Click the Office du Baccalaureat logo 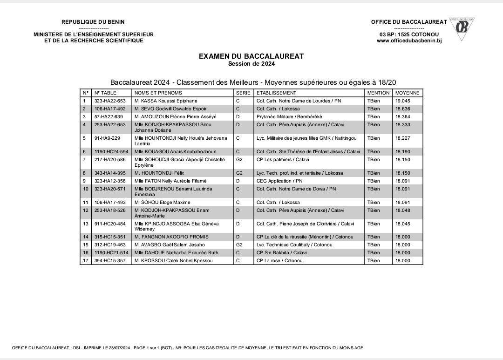point(462,28)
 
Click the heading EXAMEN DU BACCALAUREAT point(251,56)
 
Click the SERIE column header point(243,93)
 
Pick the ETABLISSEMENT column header point(276,93)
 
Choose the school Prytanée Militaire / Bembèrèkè point(289,116)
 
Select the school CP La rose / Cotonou point(279,260)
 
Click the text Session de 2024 point(251,63)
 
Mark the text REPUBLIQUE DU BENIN point(93,22)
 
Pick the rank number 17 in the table point(85,260)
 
